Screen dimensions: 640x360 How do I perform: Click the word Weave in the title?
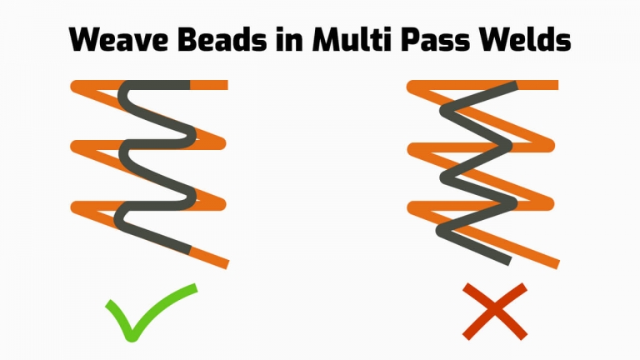[x=118, y=40]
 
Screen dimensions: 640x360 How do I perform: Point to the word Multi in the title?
[x=351, y=40]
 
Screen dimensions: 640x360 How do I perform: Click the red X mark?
[x=495, y=312]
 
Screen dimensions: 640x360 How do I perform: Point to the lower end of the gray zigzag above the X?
[x=509, y=261]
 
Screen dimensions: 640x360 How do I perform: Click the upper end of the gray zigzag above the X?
[x=516, y=85]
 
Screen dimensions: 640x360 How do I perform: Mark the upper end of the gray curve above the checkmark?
[x=189, y=85]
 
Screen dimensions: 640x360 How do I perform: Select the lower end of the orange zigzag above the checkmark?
[x=227, y=264]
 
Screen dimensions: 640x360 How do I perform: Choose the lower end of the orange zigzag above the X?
[x=557, y=264]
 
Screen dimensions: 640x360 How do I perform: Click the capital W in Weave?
[x=85, y=40]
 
